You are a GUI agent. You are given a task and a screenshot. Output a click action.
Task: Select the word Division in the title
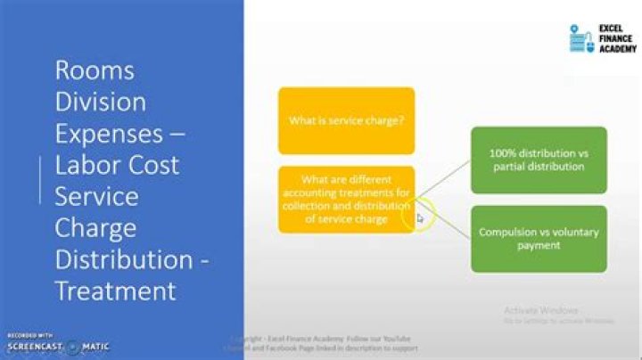[x=100, y=102]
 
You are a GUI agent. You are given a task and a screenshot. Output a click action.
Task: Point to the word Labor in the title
[x=90, y=165]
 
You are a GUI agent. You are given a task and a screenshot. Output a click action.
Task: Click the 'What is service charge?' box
[x=346, y=120]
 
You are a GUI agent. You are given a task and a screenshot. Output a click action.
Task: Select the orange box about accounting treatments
[x=346, y=199]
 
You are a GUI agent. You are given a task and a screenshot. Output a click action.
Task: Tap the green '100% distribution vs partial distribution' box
[x=539, y=160]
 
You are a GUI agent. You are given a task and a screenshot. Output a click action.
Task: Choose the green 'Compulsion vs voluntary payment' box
[x=539, y=239]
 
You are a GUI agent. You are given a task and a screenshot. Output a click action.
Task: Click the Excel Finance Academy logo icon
[x=580, y=38]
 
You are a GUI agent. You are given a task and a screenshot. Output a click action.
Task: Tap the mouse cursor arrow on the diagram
[x=421, y=217]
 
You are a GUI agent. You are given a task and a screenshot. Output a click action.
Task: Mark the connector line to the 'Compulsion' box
[x=443, y=220]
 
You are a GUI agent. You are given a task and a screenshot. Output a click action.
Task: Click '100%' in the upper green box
[x=501, y=153]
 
